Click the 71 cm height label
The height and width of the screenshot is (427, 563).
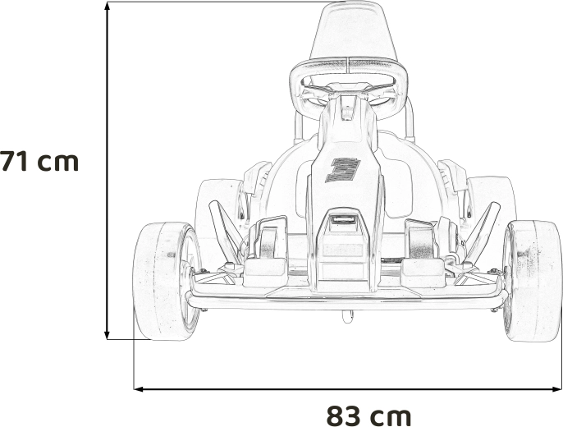click(x=39, y=162)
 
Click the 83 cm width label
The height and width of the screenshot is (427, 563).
click(x=368, y=416)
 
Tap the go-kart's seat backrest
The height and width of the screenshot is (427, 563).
click(x=354, y=30)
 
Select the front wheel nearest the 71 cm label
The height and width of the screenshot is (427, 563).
click(x=167, y=281)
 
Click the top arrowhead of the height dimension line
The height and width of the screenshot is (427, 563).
click(x=107, y=6)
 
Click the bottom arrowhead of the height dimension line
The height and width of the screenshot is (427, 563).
click(x=107, y=335)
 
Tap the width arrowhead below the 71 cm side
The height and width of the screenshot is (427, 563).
click(x=139, y=388)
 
